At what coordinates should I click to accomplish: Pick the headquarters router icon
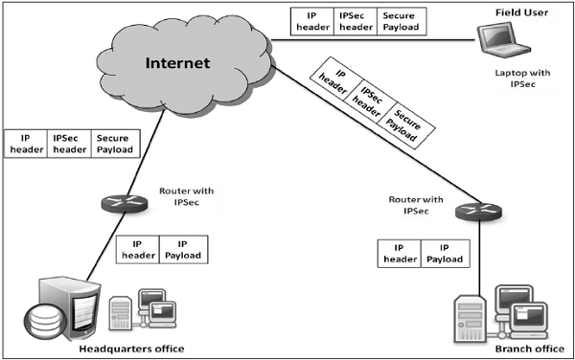(x=114, y=202)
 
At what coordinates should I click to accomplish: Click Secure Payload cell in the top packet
(x=399, y=21)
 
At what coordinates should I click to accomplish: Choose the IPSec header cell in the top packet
(x=355, y=21)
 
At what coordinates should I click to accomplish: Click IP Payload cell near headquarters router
(x=181, y=249)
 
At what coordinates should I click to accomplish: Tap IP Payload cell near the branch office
(x=444, y=253)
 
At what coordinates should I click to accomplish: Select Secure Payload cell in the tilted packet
(x=404, y=124)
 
